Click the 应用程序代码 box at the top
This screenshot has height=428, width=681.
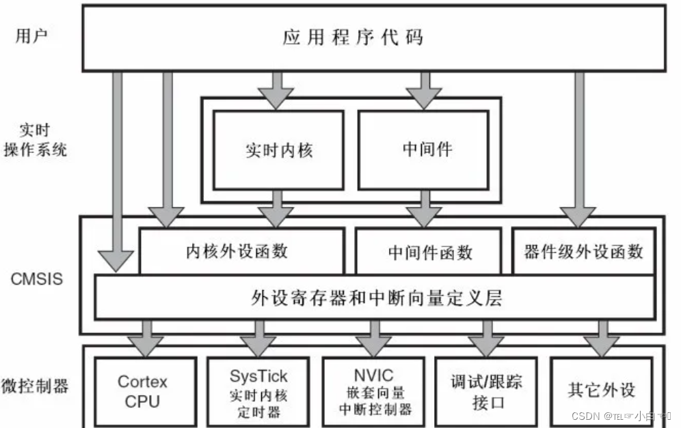[373, 38]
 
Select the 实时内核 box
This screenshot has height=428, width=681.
[278, 150]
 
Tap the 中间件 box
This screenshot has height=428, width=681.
[423, 149]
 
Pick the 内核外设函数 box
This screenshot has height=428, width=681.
[241, 251]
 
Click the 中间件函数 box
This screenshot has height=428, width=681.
[430, 252]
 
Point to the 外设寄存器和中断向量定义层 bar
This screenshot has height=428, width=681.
[377, 298]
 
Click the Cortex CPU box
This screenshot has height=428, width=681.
[142, 390]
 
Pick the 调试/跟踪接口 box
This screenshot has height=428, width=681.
[488, 391]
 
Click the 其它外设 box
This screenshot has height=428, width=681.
[602, 390]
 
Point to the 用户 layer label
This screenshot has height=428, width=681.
[31, 36]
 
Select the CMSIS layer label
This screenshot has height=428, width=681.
[36, 279]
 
